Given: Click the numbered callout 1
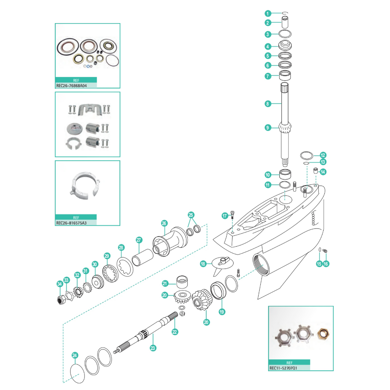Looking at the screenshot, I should [268, 14].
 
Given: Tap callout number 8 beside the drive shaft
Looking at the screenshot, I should [268, 104].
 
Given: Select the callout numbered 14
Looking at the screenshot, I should [323, 172].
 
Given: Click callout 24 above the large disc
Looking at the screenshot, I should [75, 355].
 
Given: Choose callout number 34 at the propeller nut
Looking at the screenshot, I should [60, 285].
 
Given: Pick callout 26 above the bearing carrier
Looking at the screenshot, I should [164, 224].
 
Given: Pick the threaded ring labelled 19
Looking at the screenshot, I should [218, 291].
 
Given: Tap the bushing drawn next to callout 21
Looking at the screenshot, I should [183, 281].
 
